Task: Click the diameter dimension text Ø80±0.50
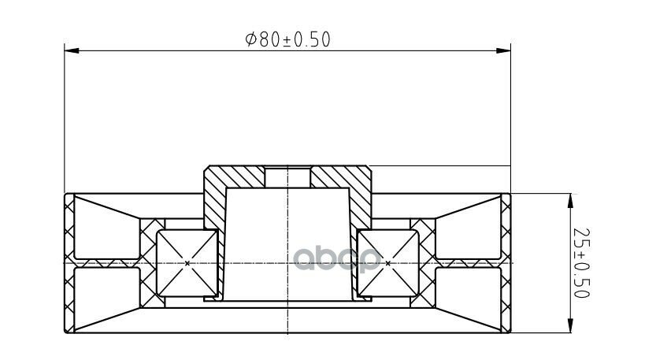tap(288, 39)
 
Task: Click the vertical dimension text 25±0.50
tap(582, 262)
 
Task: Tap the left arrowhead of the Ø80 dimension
tap(72, 50)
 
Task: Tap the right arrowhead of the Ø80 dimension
tap(503, 50)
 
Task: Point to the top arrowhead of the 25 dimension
tap(570, 201)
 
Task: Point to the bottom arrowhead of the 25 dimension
tap(570, 325)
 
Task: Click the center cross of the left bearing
tap(187, 263)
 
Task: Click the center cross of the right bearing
tap(388, 263)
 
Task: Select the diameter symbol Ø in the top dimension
tap(251, 39)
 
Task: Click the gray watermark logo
tap(337, 259)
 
